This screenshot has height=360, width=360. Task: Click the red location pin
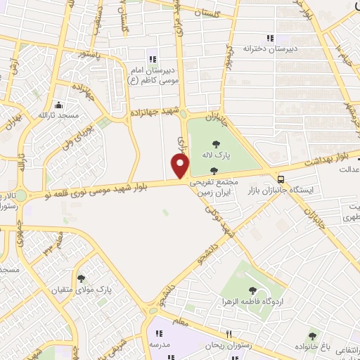click(181, 166)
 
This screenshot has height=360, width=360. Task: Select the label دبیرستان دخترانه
click(266, 49)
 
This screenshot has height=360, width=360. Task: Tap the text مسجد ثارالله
click(53, 114)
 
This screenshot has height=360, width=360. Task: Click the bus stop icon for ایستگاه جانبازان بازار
click(281, 179)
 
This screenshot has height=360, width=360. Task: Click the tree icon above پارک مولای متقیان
click(82, 278)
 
